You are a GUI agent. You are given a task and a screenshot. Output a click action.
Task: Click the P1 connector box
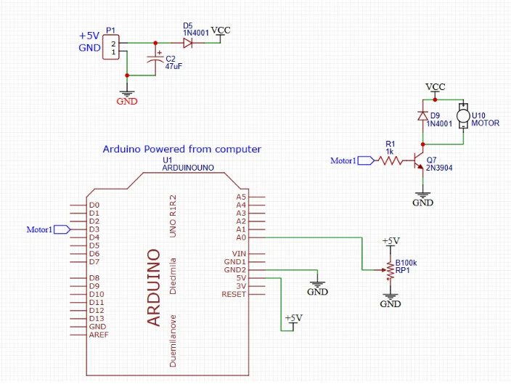[x=111, y=48]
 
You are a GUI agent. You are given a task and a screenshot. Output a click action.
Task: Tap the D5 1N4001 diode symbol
[x=187, y=43]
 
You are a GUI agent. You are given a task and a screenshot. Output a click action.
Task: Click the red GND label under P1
[x=127, y=102]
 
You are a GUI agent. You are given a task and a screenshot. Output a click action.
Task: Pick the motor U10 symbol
[x=462, y=115]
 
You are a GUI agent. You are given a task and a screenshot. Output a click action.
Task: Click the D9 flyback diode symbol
[x=422, y=115]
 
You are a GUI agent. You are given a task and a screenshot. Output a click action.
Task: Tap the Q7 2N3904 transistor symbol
[x=419, y=160]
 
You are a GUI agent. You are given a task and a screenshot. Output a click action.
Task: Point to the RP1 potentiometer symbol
[x=390, y=270]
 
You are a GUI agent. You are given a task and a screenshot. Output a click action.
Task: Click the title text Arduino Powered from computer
[x=181, y=149]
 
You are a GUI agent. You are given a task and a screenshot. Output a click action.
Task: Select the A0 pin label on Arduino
[x=242, y=237]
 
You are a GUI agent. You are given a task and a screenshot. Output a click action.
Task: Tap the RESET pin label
[x=234, y=294]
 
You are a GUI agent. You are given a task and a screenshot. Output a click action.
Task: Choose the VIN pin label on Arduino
[x=239, y=253]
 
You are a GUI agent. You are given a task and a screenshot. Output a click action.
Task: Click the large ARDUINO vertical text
[x=153, y=288]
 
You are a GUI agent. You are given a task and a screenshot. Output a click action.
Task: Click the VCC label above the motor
[x=435, y=86]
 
